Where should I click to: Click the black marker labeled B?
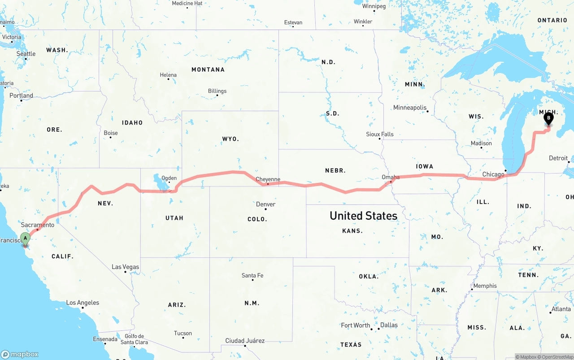tap(548, 119)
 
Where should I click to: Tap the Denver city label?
tap(265, 204)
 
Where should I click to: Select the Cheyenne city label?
tap(268, 179)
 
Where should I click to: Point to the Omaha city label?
tap(390, 178)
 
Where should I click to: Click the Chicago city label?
tap(493, 174)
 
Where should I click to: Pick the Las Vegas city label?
tap(126, 267)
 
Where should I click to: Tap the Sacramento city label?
tap(38, 225)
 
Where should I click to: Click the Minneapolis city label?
tap(410, 108)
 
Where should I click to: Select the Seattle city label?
tap(26, 54)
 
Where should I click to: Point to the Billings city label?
tap(217, 91)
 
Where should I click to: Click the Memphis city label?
tap(485, 286)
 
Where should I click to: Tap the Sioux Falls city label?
tap(379, 134)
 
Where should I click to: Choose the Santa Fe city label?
tap(252, 275)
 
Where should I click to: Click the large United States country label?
tap(363, 216)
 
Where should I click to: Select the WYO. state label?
tap(230, 139)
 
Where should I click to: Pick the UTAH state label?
tap(174, 218)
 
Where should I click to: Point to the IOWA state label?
tap(424, 166)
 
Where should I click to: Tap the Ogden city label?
tap(169, 178)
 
